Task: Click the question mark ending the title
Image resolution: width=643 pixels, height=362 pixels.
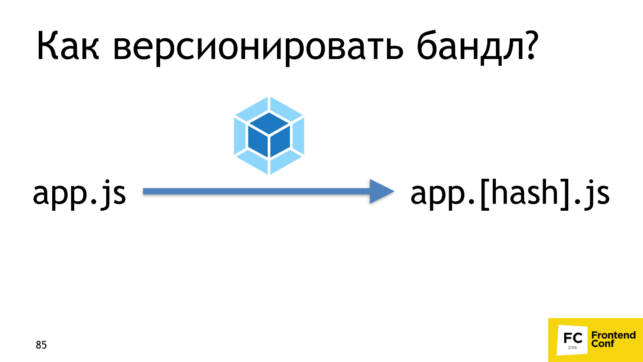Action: point(526,45)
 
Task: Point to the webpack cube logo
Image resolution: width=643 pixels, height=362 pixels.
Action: point(269,135)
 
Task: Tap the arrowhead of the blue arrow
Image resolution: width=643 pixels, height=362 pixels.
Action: point(381,192)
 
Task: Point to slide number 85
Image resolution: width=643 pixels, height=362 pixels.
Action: point(41,345)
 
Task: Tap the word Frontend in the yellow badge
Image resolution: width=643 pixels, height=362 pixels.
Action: point(613,335)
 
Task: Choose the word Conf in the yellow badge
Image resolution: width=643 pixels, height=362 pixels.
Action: point(603,344)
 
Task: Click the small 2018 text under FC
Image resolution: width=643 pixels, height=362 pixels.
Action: point(572,348)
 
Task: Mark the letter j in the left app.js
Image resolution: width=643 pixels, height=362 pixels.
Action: point(106,196)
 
